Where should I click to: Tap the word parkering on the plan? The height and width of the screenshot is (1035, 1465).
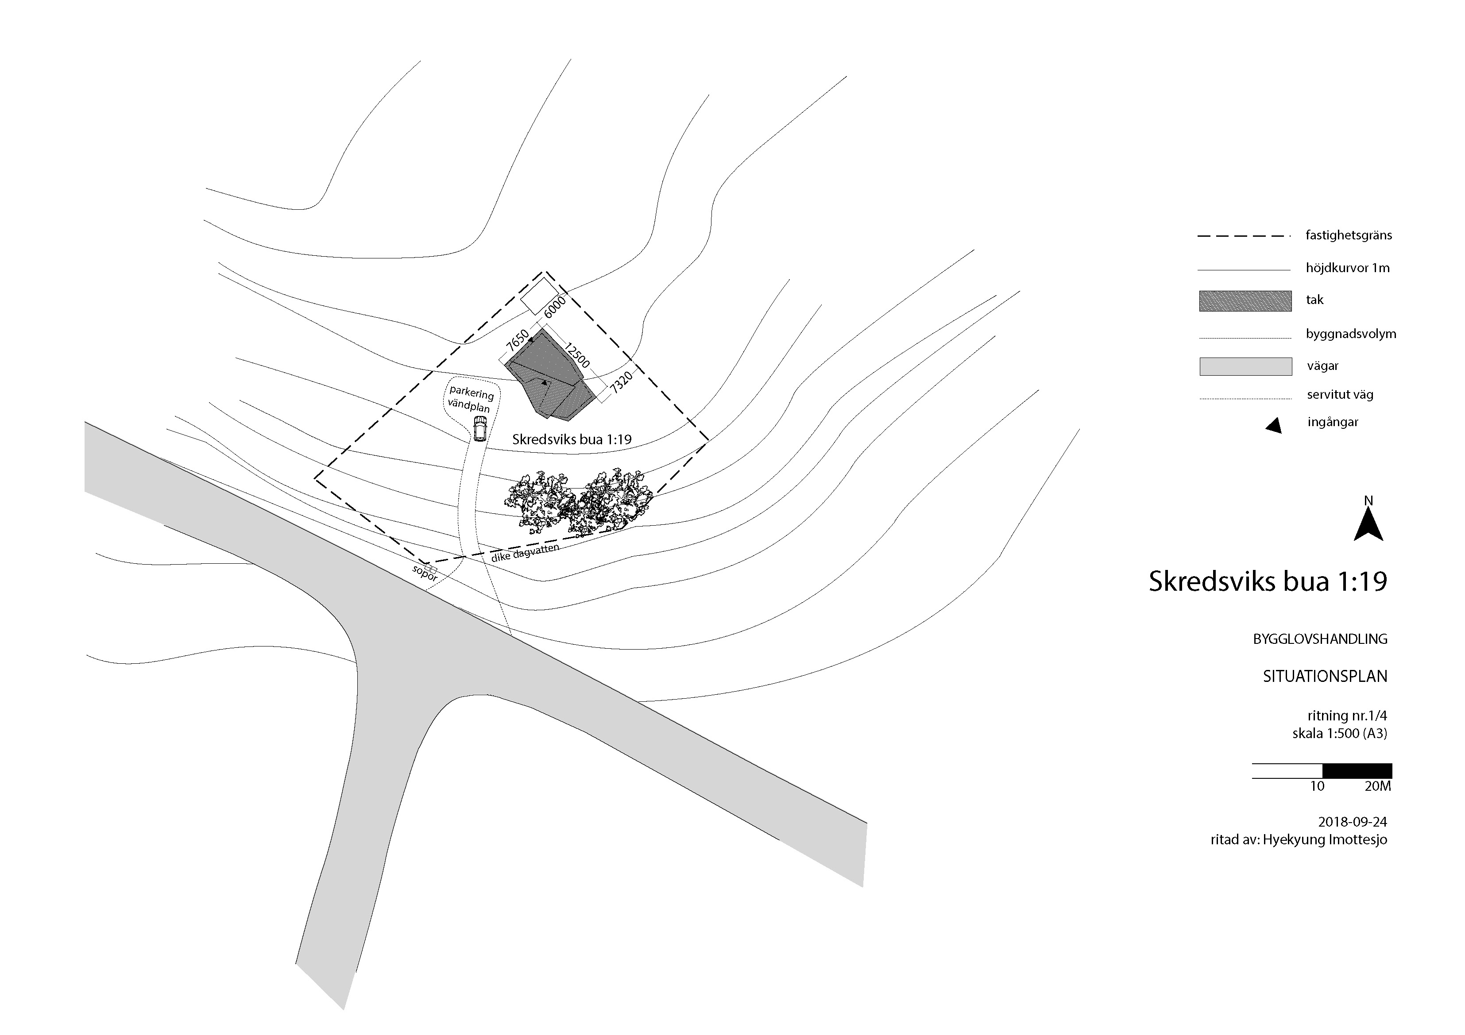tap(472, 393)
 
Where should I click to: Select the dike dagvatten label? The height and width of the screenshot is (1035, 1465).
tap(525, 552)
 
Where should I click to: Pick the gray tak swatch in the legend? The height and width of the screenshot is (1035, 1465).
tap(1245, 301)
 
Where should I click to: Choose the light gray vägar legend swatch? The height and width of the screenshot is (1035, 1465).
tap(1245, 366)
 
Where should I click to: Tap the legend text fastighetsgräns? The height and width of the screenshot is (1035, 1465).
tap(1348, 235)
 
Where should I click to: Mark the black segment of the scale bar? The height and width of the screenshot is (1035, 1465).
tap(1357, 770)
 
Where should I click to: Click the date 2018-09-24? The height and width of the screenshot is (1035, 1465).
tap(1352, 822)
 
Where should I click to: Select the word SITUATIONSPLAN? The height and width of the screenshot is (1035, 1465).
tap(1325, 676)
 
